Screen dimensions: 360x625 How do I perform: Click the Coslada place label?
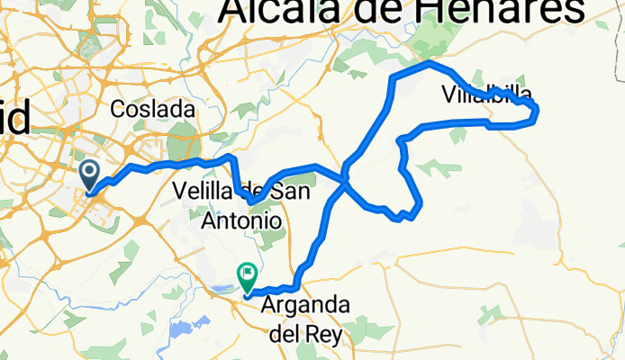point(152,109)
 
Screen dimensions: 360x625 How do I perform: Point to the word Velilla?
point(204,192)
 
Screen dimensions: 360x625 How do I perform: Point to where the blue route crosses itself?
point(345,179)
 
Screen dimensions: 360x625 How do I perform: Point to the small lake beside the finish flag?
point(224,289)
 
